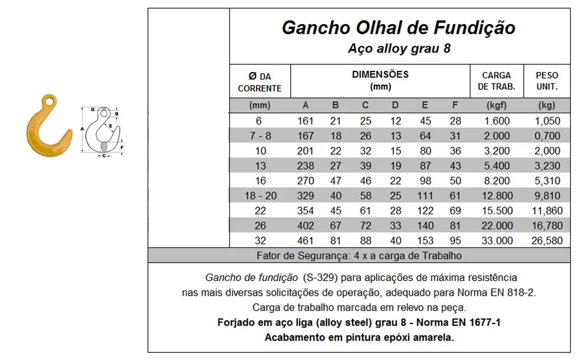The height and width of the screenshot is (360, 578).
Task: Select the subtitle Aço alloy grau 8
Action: click(399, 48)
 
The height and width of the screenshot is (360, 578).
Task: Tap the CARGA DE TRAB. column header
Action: click(496, 81)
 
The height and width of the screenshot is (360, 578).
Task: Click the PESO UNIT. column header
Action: click(547, 81)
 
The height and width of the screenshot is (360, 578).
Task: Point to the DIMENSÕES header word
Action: click(380, 75)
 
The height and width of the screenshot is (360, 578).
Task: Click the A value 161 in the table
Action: click(306, 121)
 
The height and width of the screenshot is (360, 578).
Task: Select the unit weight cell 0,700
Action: click(547, 136)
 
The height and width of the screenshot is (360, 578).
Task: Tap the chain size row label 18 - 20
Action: click(260, 196)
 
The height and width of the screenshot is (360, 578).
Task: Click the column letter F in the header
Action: click(455, 106)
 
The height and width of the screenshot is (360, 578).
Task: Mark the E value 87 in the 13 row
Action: click(425, 166)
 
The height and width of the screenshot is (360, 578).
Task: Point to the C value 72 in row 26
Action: click(365, 226)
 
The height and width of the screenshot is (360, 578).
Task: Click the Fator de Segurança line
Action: click(359, 256)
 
